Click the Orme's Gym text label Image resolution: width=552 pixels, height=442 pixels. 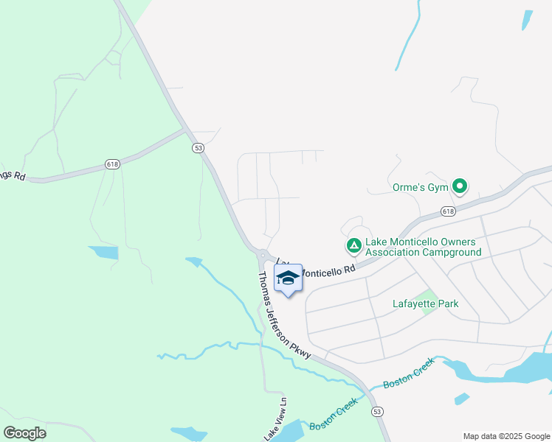(418, 186)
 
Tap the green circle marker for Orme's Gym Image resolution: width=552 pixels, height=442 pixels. (460, 186)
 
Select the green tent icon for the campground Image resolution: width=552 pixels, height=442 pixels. (354, 245)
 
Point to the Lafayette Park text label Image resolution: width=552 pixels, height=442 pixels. (425, 304)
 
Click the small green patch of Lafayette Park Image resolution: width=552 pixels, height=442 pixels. (428, 303)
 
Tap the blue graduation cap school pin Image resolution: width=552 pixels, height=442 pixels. (287, 278)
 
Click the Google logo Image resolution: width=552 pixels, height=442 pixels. (24, 433)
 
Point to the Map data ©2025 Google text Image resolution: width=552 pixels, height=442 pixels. (507, 436)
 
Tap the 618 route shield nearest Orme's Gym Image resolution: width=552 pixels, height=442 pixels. (449, 211)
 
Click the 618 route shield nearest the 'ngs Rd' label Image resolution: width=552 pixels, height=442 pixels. (112, 164)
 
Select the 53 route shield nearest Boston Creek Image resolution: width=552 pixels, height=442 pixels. (377, 410)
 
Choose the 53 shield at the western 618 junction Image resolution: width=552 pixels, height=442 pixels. (198, 147)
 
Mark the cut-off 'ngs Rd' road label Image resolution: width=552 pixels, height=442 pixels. (13, 175)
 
